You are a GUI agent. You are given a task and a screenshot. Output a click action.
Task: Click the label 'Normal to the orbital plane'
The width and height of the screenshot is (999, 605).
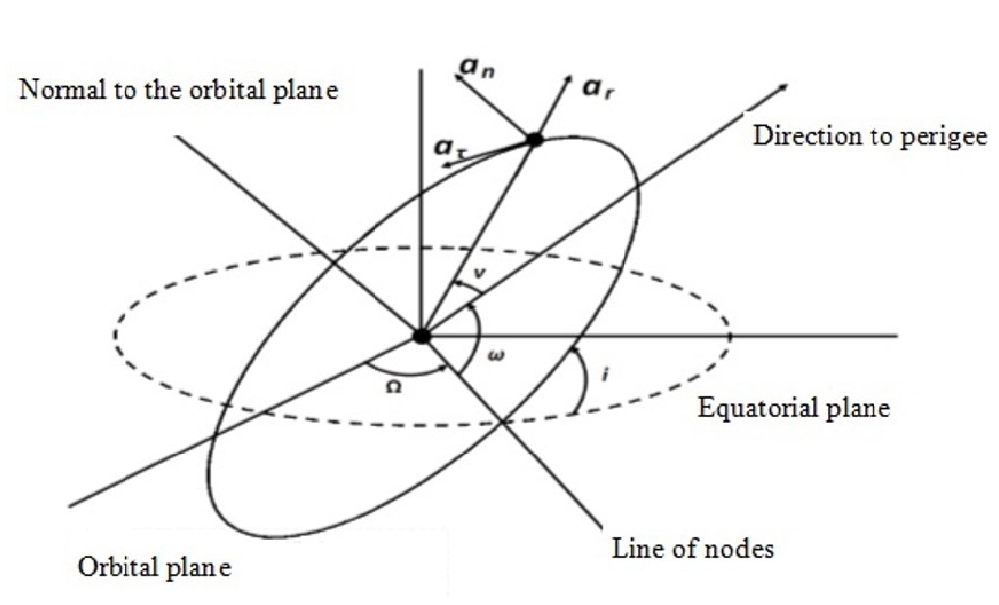coord(178,92)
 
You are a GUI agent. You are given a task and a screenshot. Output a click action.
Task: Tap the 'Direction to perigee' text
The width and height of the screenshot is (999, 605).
coord(870,136)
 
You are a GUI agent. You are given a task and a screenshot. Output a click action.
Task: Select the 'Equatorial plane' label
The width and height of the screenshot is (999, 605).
coord(794,407)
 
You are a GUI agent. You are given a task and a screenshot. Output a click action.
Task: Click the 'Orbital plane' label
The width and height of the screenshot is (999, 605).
coord(154,568)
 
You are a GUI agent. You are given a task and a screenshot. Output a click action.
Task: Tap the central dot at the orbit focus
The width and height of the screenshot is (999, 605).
coord(422,336)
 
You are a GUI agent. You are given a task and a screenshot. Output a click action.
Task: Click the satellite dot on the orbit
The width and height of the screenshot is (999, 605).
coord(534,140)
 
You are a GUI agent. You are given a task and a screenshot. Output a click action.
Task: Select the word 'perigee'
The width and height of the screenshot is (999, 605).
coord(947,136)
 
